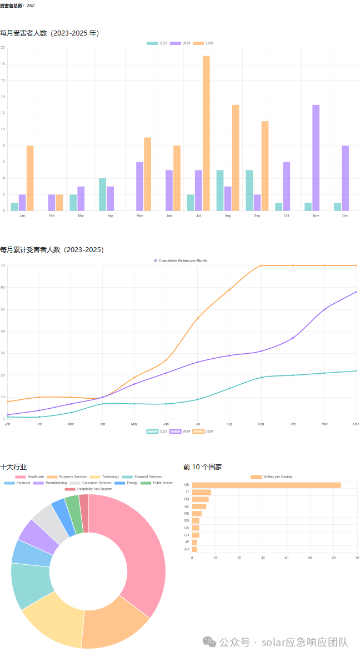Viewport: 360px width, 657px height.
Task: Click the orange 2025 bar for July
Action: (x=206, y=133)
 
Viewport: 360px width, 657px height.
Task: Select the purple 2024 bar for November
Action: (x=316, y=158)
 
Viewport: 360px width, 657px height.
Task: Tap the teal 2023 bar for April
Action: (x=103, y=194)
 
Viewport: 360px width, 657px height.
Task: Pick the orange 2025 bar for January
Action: (x=30, y=178)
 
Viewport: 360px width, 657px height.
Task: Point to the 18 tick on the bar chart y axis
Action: (x=3, y=64)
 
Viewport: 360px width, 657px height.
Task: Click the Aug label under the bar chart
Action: (x=228, y=216)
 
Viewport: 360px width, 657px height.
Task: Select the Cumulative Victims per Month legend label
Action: (x=183, y=260)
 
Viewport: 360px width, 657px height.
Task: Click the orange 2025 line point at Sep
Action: (x=261, y=265)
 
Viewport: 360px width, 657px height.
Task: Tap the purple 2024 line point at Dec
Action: (x=356, y=292)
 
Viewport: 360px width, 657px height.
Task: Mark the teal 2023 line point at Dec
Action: (x=356, y=371)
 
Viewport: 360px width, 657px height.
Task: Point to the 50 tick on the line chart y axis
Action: (x=3, y=309)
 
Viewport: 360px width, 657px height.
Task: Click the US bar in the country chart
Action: (x=266, y=485)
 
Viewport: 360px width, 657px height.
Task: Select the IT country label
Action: (x=187, y=492)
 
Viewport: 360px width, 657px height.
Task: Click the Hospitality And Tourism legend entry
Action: (x=88, y=489)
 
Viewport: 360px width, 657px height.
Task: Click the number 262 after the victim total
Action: (x=31, y=6)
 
